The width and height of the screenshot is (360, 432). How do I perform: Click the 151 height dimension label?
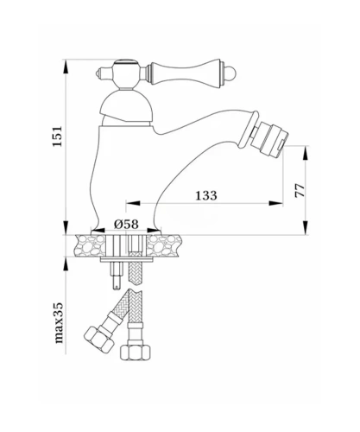point(57,136)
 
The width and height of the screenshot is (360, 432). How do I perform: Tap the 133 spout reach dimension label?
point(206,195)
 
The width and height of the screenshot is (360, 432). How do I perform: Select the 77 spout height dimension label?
point(300,190)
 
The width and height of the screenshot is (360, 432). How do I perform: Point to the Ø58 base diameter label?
point(126,224)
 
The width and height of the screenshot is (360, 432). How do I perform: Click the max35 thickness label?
point(59,323)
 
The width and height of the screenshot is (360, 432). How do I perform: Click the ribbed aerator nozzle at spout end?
point(269,139)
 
